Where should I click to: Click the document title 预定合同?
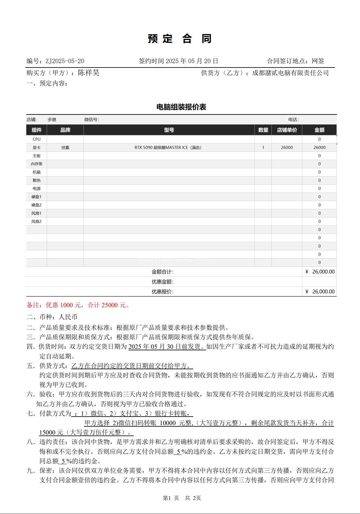pyautogui.click(x=180, y=39)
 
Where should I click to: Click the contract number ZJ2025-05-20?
pyautogui.click(x=65, y=61)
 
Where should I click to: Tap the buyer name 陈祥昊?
pyautogui.click(x=89, y=73)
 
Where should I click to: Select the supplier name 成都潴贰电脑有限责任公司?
pyautogui.click(x=290, y=73)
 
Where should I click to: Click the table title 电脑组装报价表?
pyautogui.click(x=181, y=107)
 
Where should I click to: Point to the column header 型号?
pyautogui.click(x=169, y=130)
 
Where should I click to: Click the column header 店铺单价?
pyautogui.click(x=287, y=130)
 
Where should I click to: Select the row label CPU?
pyautogui.click(x=36, y=139)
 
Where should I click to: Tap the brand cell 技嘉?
pyautogui.click(x=65, y=148)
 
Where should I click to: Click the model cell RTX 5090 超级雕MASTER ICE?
pyautogui.click(x=168, y=148)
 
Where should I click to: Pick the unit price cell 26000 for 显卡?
pyautogui.click(x=287, y=148)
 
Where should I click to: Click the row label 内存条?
pyautogui.click(x=36, y=164)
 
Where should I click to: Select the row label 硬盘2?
pyautogui.click(x=36, y=205)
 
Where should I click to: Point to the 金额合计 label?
pyautogui.click(x=162, y=272)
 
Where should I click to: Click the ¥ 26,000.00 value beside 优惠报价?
pyautogui.click(x=320, y=292)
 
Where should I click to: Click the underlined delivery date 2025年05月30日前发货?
pyautogui.click(x=167, y=347)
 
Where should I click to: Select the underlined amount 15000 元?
pyautogui.click(x=51, y=432)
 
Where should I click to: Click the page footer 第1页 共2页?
pyautogui.click(x=182, y=498)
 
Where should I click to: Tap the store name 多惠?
pyautogui.click(x=52, y=120)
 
